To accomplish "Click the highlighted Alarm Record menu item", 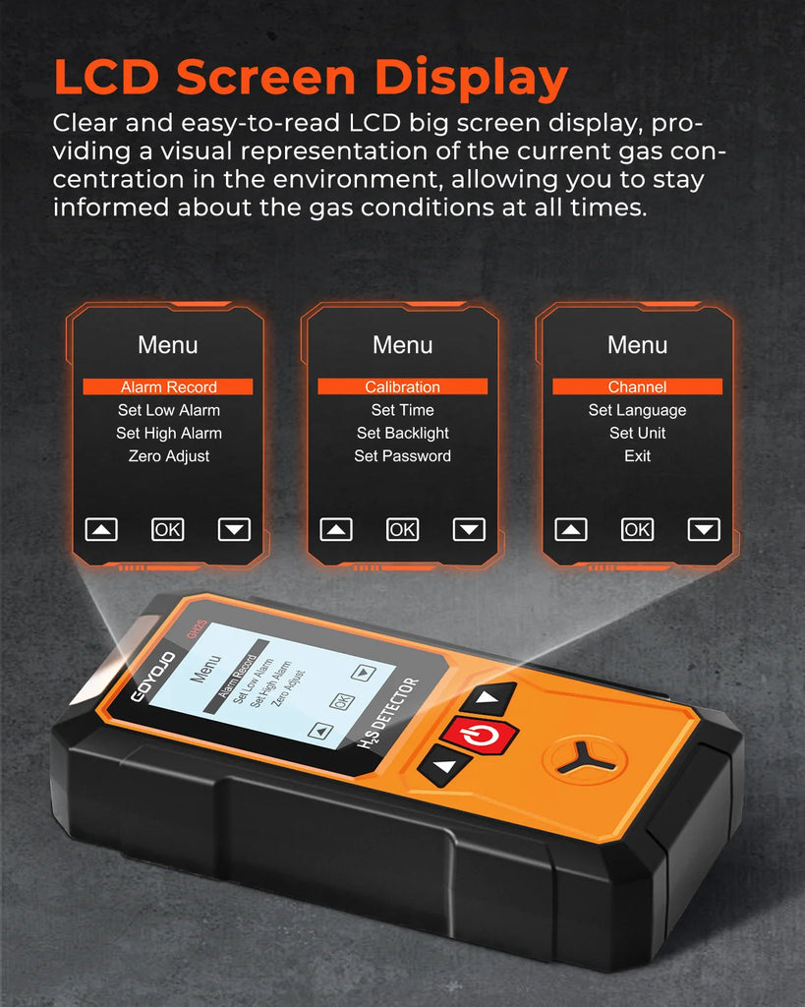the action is (168, 386).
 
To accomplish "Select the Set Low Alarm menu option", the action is (169, 410).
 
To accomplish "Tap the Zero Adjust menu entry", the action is (169, 456).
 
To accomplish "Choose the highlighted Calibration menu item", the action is (403, 386).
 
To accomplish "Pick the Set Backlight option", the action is (403, 434).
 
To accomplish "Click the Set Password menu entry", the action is (403, 456).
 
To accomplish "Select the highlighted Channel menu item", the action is (638, 386).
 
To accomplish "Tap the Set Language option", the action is (638, 410).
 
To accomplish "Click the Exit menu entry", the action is (638, 456).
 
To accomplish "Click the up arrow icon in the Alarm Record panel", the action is (101, 530).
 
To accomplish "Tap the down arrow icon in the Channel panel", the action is (704, 530).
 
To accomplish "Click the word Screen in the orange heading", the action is (265, 77).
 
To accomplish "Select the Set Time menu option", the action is (403, 410).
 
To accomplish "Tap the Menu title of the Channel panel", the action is (638, 345).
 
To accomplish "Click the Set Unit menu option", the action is (638, 433).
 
